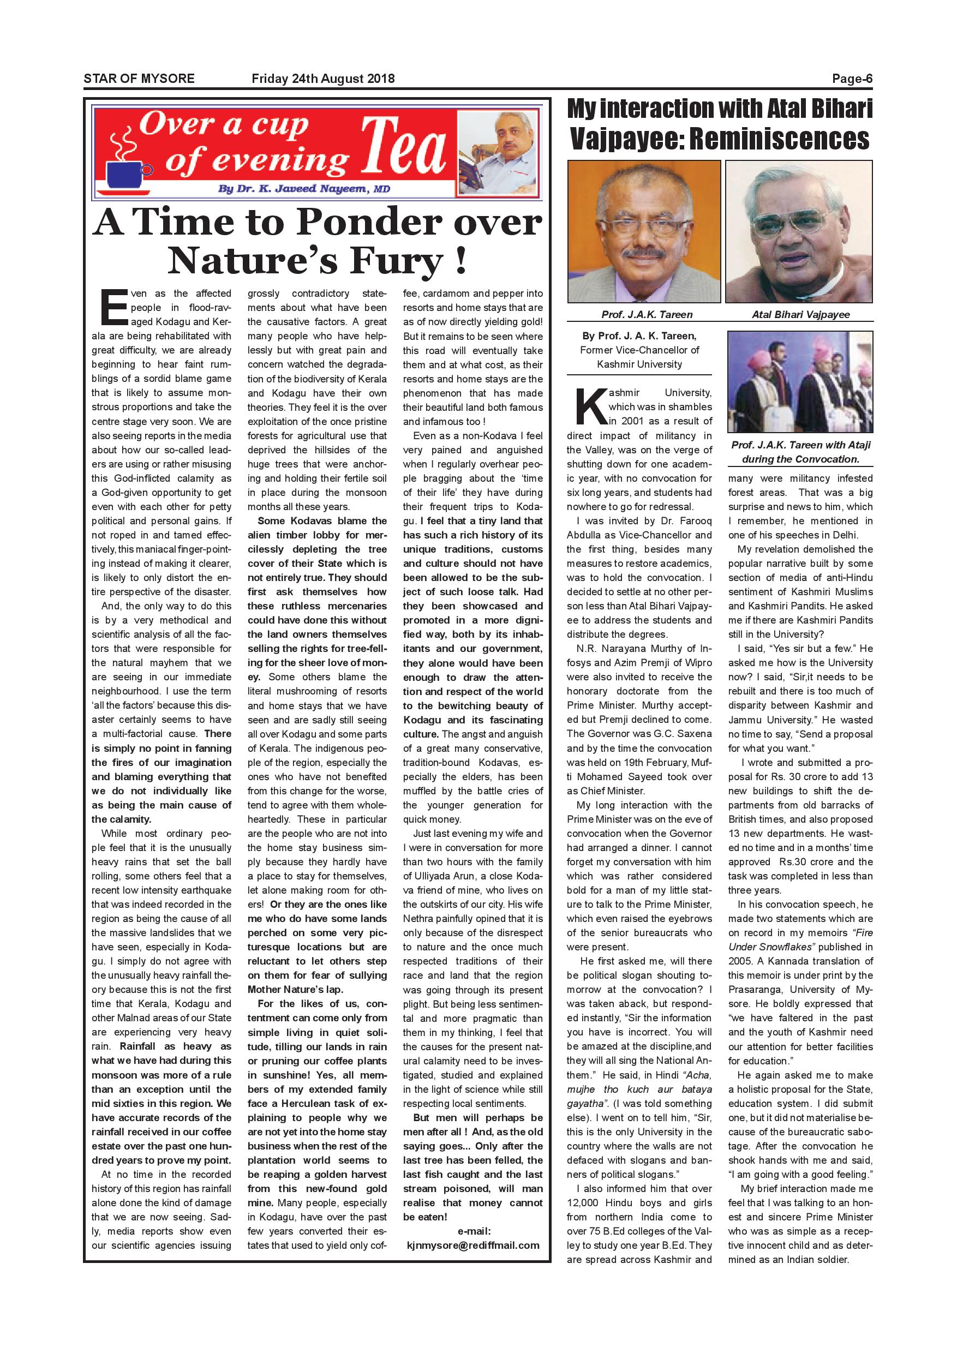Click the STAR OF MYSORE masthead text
tap(139, 79)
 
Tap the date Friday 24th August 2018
tap(323, 79)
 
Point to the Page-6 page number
tap(852, 79)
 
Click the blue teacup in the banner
tap(125, 172)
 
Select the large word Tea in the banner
tap(403, 147)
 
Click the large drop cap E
tap(113, 307)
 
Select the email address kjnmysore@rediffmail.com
tap(473, 1245)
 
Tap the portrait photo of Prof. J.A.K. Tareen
tap(643, 231)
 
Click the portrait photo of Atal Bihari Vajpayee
tap(799, 231)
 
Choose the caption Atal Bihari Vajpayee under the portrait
tap(800, 315)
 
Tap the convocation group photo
tap(800, 382)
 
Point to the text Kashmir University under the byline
tap(639, 364)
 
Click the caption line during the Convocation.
tap(800, 459)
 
